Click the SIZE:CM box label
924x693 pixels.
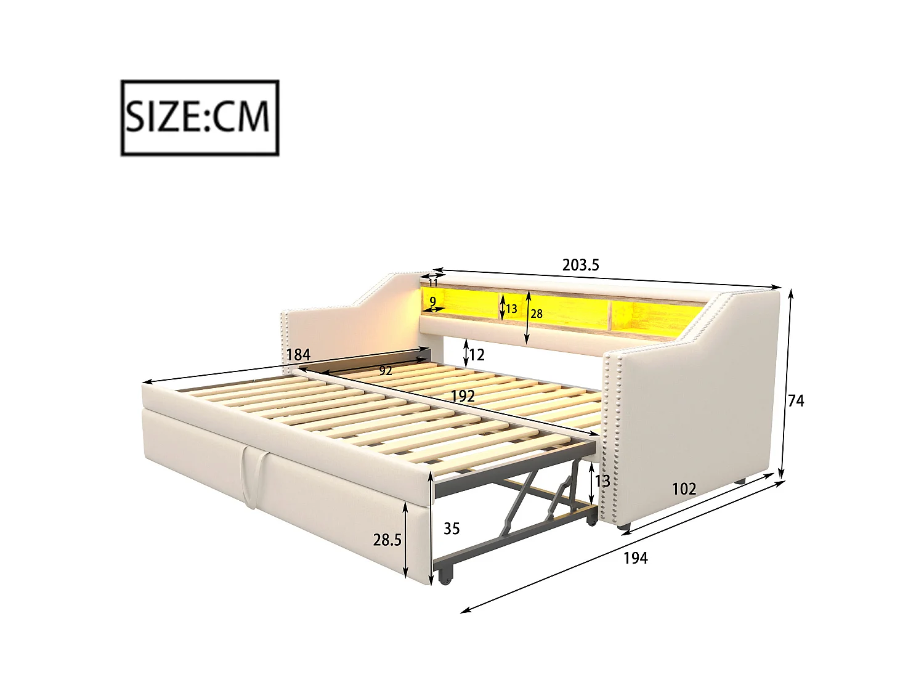pyautogui.click(x=200, y=117)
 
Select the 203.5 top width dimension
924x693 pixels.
pyautogui.click(x=580, y=265)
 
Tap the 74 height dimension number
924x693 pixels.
pyautogui.click(x=796, y=401)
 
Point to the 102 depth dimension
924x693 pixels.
pyautogui.click(x=684, y=489)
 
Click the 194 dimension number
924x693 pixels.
pyautogui.click(x=635, y=558)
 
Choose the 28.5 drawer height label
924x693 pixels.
pyautogui.click(x=387, y=540)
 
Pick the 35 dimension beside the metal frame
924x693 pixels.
pyautogui.click(x=452, y=529)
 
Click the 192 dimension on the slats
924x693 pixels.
pyautogui.click(x=462, y=396)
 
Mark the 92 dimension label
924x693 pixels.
pyautogui.click(x=386, y=371)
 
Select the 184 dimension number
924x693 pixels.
pyautogui.click(x=298, y=355)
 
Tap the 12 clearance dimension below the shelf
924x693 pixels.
pyautogui.click(x=477, y=355)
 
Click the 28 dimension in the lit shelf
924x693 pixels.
pyautogui.click(x=537, y=314)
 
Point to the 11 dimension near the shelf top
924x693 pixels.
pyautogui.click(x=433, y=283)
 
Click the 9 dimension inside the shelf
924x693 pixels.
pyautogui.click(x=433, y=301)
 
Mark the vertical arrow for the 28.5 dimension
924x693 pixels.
pyautogui.click(x=406, y=540)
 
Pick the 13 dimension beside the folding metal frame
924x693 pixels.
pyautogui.click(x=602, y=480)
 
